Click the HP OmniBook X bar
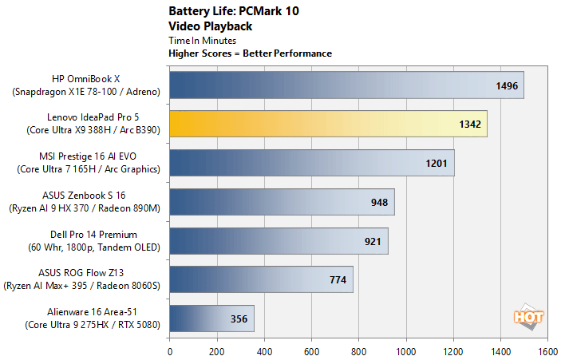[346, 85]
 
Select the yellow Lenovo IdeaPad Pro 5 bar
[328, 125]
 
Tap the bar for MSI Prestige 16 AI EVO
[311, 163]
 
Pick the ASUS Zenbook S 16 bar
[282, 202]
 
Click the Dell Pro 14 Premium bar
[279, 240]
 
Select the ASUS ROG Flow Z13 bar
[261, 279]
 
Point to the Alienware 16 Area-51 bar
[211, 318]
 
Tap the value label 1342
[470, 125]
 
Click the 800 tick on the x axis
[358, 350]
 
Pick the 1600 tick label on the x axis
[547, 350]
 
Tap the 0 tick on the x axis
[170, 350]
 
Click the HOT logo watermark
[528, 315]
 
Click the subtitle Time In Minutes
[202, 40]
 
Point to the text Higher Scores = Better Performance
[250, 53]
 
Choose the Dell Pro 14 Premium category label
[93, 240]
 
